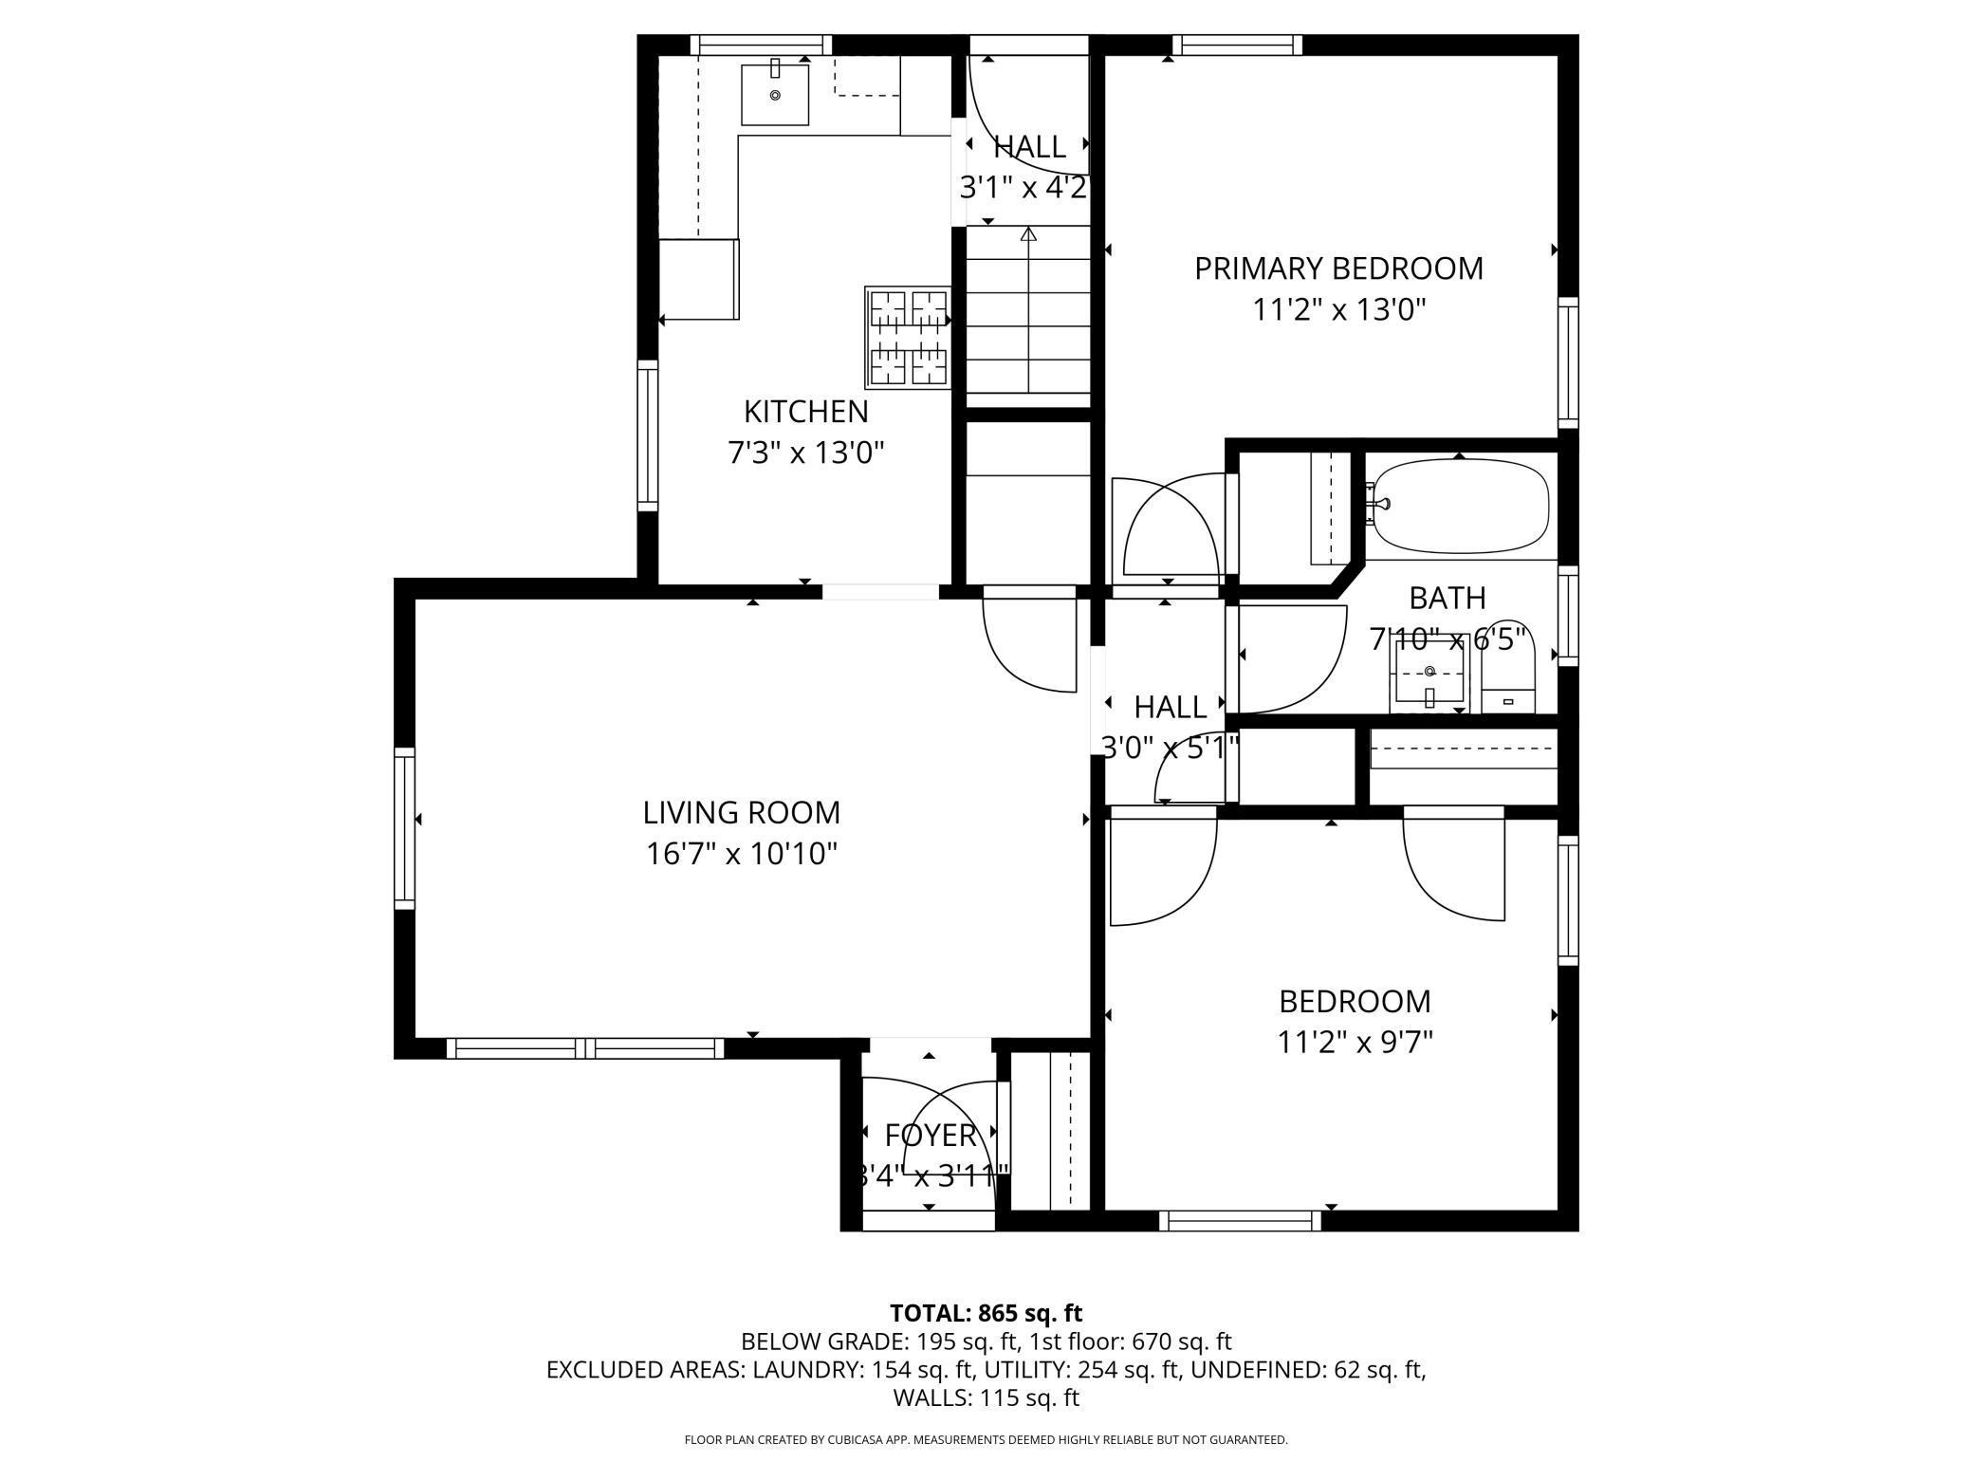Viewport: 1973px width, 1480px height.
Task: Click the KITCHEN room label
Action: pyautogui.click(x=805, y=412)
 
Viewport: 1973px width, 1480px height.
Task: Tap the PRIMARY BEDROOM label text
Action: pyautogui.click(x=1338, y=268)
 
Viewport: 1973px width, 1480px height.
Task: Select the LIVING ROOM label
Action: pyautogui.click(x=742, y=813)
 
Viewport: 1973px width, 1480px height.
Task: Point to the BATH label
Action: pyautogui.click(x=1447, y=598)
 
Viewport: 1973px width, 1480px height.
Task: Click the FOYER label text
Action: pyautogui.click(x=931, y=1135)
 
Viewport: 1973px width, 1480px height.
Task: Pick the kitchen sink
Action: pyautogui.click(x=775, y=94)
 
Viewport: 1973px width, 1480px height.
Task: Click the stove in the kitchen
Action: pyautogui.click(x=908, y=338)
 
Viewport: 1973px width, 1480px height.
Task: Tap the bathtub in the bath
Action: pyautogui.click(x=1461, y=506)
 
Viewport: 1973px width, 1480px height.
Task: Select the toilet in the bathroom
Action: pyautogui.click(x=1508, y=670)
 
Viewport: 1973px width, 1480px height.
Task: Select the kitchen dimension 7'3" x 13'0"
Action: pyautogui.click(x=805, y=453)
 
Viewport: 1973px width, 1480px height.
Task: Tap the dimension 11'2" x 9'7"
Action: pyautogui.click(x=1355, y=1043)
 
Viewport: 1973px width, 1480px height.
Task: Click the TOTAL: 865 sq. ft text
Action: pyautogui.click(x=986, y=1313)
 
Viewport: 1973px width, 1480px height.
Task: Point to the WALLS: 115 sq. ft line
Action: pyautogui.click(x=986, y=1397)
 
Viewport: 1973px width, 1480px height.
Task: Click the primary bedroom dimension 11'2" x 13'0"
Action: pyautogui.click(x=1339, y=310)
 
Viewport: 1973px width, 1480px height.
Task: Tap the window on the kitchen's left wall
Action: pyautogui.click(x=648, y=435)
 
